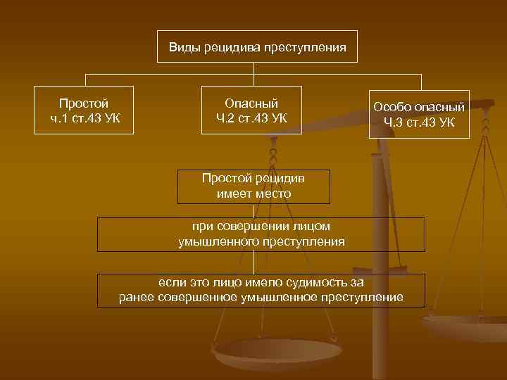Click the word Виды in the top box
click(184, 48)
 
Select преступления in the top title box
click(305, 48)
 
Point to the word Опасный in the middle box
click(251, 103)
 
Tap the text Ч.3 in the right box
click(394, 122)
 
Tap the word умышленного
click(219, 241)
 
